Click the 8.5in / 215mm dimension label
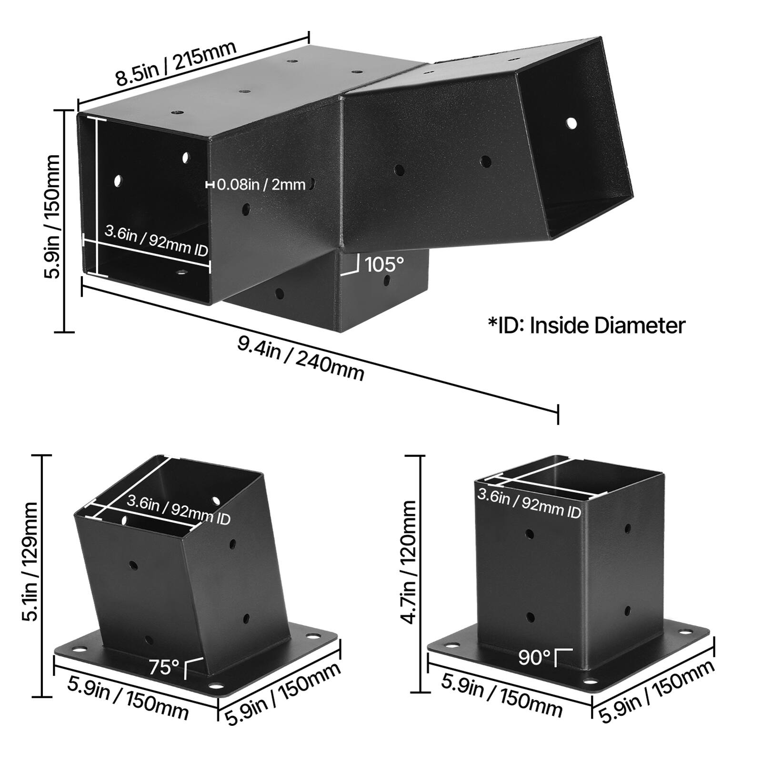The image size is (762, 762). coord(176,64)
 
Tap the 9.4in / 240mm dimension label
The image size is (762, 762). coord(301,358)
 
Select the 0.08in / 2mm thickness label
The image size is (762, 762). coord(261,184)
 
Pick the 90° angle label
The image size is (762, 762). coord(534,658)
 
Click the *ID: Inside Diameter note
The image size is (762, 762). coord(586,326)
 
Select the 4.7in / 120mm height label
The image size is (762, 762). coord(409,562)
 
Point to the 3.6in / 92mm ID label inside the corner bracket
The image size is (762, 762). coord(156,241)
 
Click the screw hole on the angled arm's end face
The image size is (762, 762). coord(571,123)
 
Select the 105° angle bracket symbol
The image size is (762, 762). coord(350,265)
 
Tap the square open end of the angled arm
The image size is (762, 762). coord(576,138)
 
